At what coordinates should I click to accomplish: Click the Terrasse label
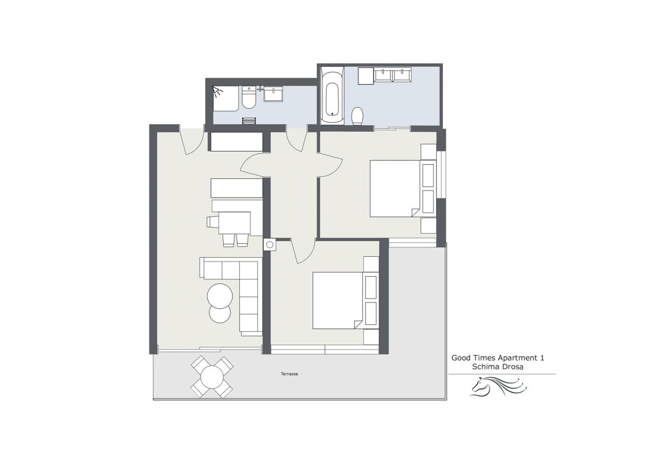click(x=289, y=374)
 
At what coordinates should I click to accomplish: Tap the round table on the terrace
click(x=212, y=377)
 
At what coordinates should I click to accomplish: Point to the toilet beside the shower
click(x=249, y=99)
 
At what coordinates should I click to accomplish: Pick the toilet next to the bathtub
click(x=357, y=116)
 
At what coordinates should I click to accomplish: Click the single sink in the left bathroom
click(x=273, y=94)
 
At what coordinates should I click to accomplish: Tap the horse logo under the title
click(x=499, y=387)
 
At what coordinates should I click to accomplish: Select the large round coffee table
click(x=220, y=296)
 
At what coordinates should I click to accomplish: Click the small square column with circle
click(x=270, y=245)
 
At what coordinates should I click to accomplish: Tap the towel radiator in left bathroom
click(x=249, y=121)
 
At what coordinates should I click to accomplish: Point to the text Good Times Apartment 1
click(x=497, y=358)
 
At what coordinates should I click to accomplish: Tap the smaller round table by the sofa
click(x=220, y=314)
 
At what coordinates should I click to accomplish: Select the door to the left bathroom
click(x=297, y=140)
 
